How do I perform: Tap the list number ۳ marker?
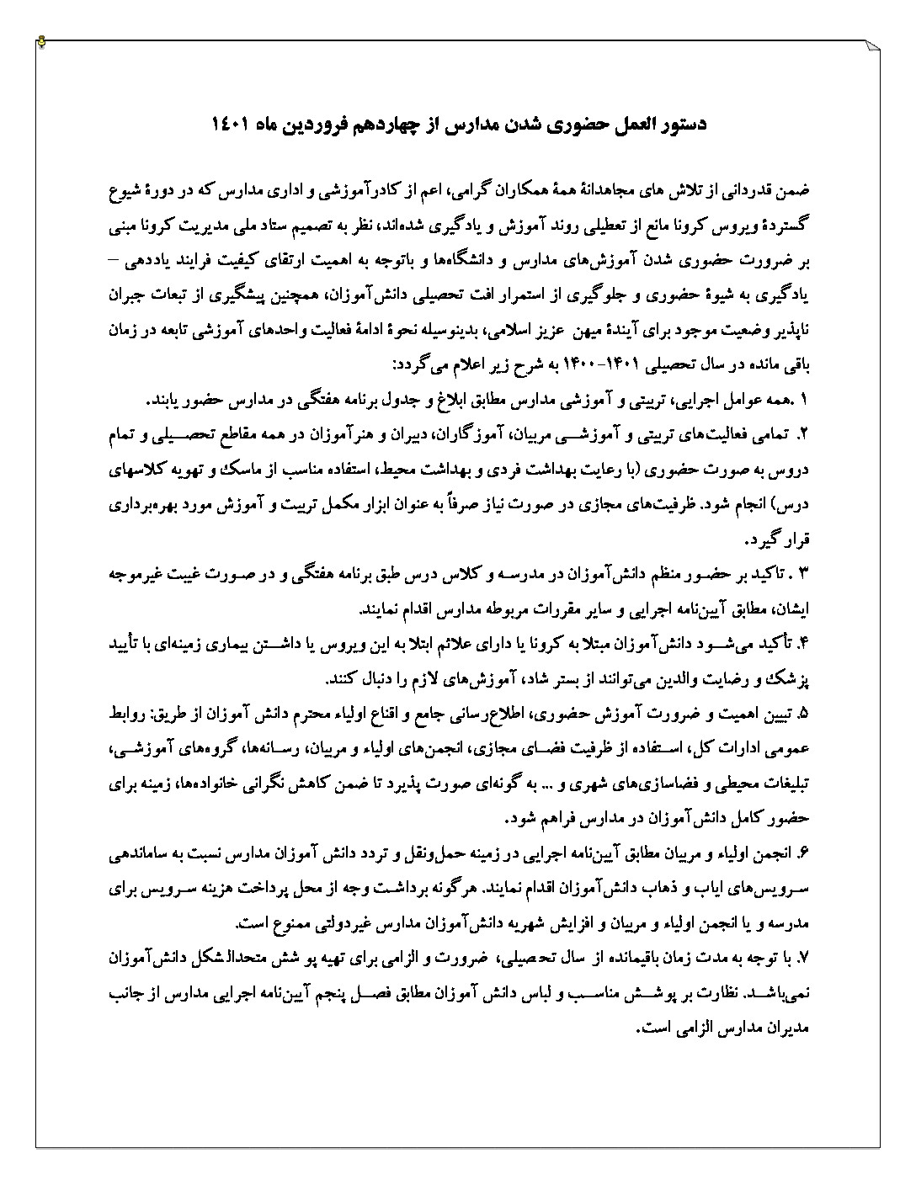(x=801, y=575)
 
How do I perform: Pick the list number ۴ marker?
(x=802, y=644)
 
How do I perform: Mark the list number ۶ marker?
(x=802, y=853)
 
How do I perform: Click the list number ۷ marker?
(x=802, y=959)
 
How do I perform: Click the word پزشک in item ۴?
(x=791, y=678)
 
